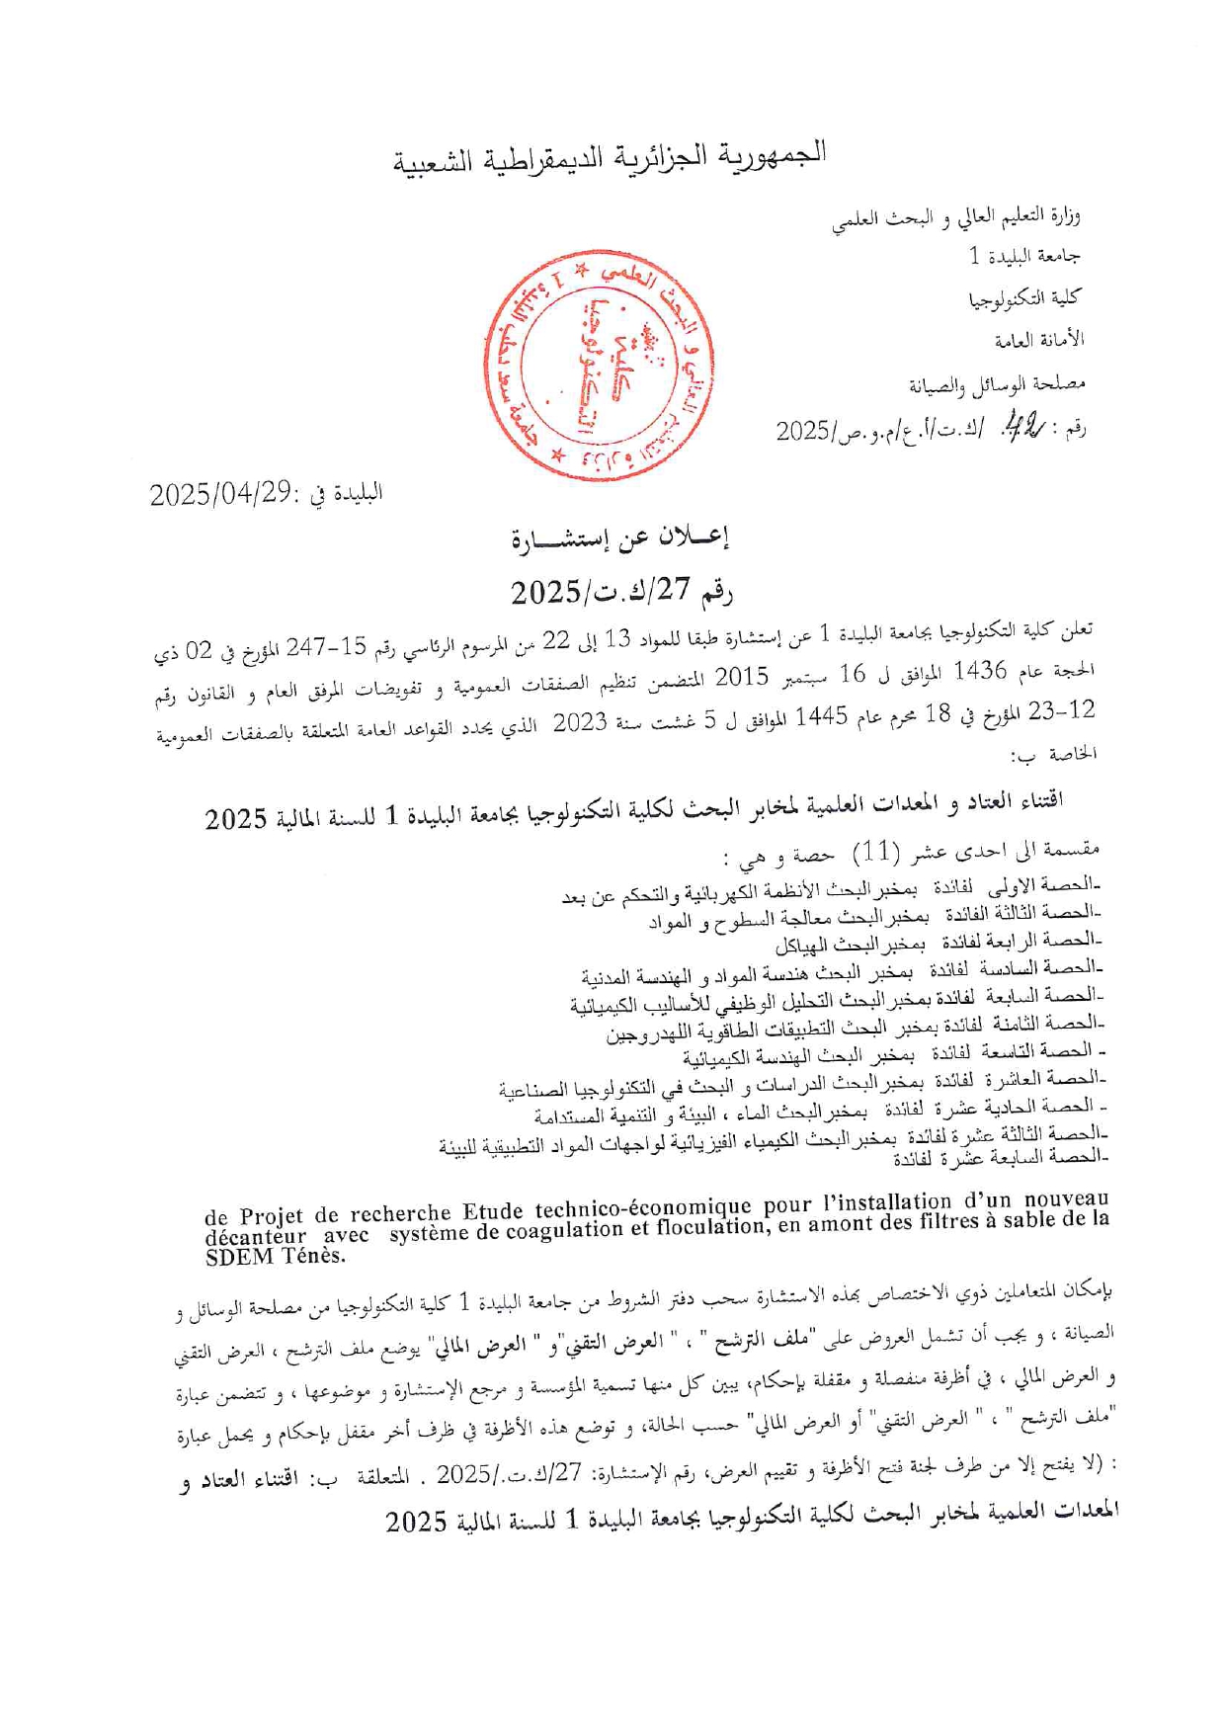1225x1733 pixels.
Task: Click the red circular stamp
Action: [x=600, y=365]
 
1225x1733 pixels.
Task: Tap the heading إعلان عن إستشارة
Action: [x=619, y=538]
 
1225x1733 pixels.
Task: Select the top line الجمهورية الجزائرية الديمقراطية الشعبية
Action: [x=611, y=157]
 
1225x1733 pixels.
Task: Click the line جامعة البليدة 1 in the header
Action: [x=1023, y=256]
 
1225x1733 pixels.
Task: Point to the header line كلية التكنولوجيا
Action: [x=1024, y=298]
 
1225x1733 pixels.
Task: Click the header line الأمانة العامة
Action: [x=1038, y=341]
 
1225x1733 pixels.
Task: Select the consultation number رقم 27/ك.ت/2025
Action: [x=621, y=592]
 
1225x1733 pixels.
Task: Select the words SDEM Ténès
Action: [x=276, y=1257]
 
